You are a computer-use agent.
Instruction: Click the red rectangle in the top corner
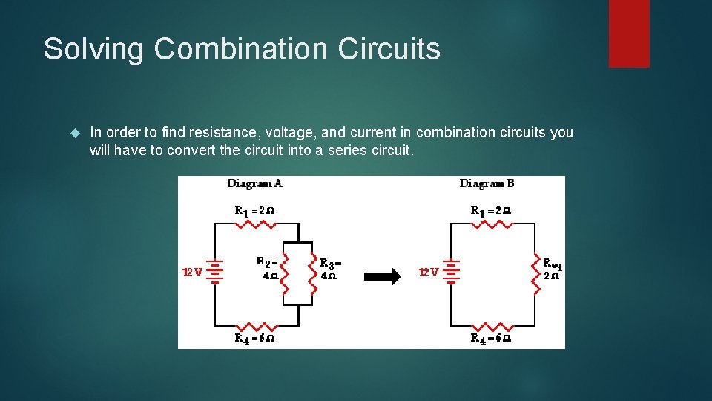629,33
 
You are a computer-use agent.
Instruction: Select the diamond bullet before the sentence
73,133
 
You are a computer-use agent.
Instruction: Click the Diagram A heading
254,183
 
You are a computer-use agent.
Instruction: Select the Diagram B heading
487,183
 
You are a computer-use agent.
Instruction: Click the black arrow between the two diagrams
382,276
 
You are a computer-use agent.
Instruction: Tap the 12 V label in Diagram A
192,272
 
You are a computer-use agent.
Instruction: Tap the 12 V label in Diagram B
429,273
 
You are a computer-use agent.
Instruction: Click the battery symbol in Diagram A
215,271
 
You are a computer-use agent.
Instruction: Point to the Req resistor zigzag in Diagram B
535,271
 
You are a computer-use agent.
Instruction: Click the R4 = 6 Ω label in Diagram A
254,339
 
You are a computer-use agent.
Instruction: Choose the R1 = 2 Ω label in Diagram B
491,210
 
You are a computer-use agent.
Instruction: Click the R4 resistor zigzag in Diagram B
492,325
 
